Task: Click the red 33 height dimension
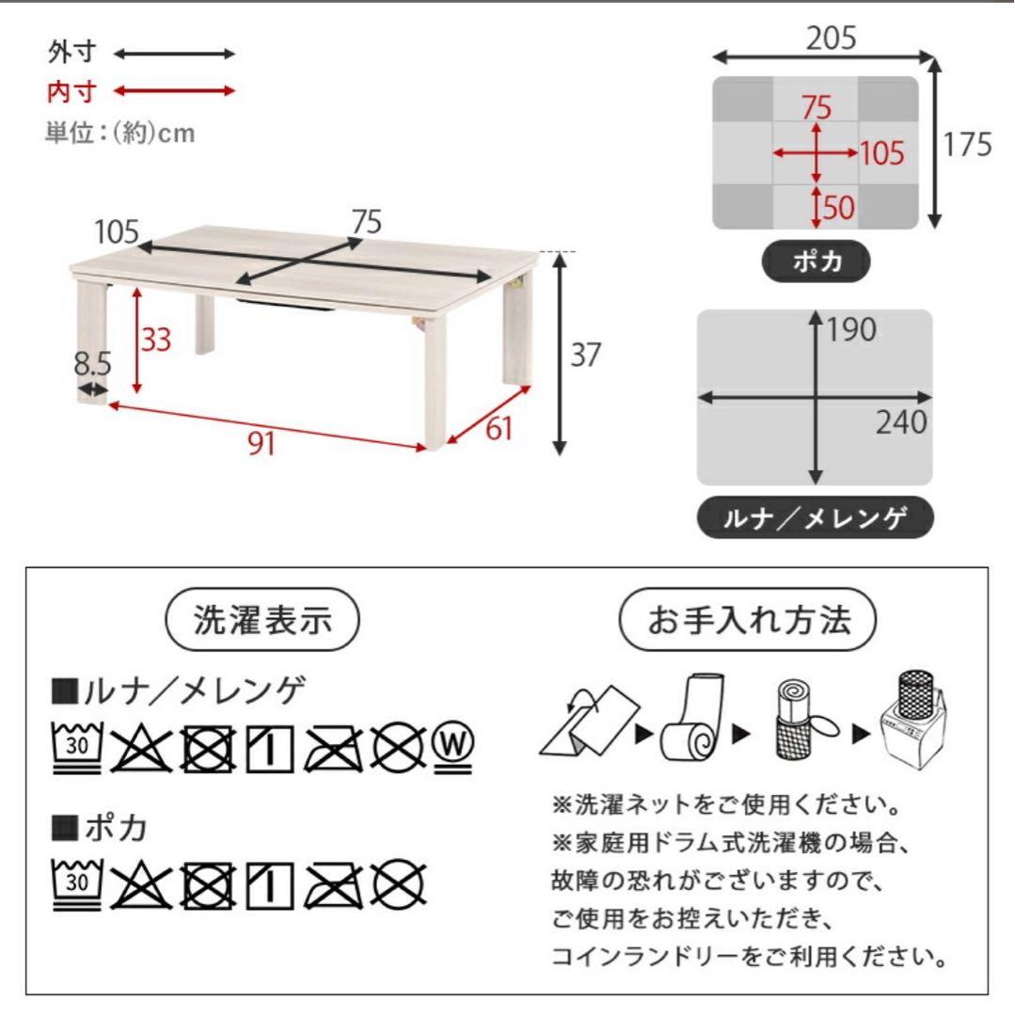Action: point(156,340)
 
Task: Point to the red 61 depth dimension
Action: point(500,428)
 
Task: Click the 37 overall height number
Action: point(585,355)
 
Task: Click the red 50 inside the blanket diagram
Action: point(839,207)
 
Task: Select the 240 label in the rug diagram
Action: point(900,423)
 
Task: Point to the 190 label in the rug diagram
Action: point(851,329)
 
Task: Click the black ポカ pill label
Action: point(816,262)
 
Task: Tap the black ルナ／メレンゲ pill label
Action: point(815,516)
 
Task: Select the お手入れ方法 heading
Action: point(747,619)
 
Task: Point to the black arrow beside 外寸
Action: point(175,54)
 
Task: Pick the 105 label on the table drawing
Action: point(117,230)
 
